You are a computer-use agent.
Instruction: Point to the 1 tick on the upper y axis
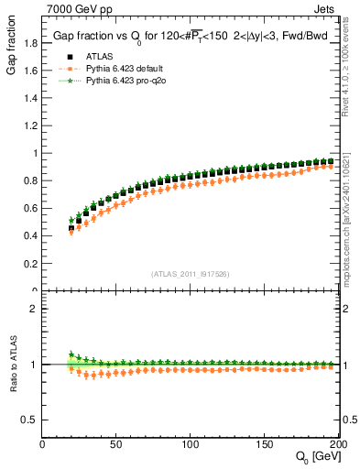click(36, 153)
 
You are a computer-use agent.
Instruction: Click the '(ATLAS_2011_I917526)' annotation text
click(190, 274)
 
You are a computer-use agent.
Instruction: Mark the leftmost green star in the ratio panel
click(71, 354)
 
